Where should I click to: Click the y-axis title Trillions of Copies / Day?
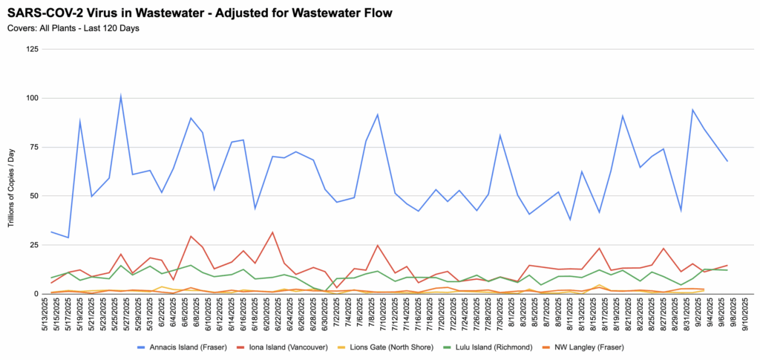13,171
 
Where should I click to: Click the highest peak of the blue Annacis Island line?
120,96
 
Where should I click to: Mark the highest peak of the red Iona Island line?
272,232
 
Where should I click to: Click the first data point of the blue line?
51,232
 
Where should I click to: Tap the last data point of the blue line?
727,161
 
